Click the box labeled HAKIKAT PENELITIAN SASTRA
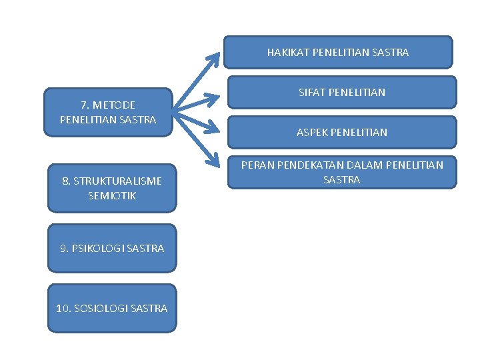[337, 52]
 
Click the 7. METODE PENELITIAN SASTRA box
[107, 112]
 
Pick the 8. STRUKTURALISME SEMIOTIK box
[111, 188]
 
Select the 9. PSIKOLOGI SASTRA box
[111, 248]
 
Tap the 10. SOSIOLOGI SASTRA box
[111, 308]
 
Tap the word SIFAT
[309, 92]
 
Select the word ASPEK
[311, 132]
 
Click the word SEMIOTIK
[111, 195]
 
